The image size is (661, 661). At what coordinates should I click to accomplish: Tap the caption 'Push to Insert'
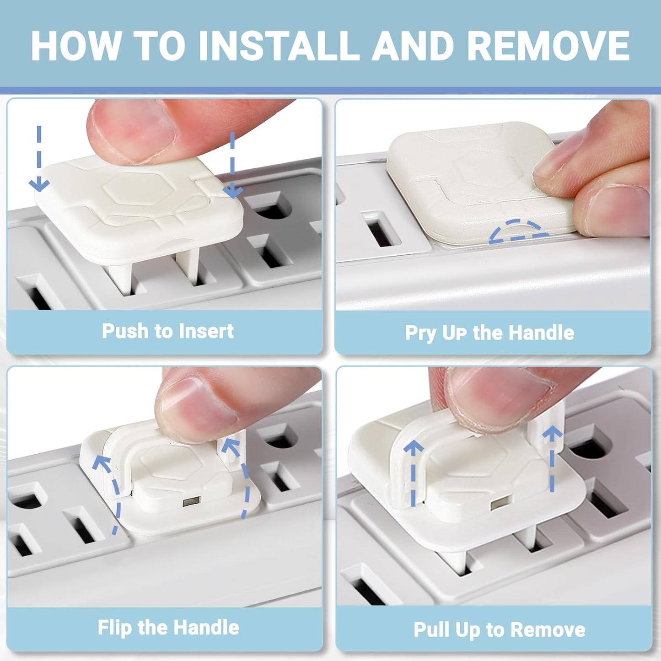click(x=167, y=331)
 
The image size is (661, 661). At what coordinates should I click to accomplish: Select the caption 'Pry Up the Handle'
click(x=489, y=333)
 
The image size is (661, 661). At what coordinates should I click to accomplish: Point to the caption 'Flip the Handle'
click(x=168, y=627)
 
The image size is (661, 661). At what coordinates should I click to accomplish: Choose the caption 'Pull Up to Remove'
click(x=500, y=629)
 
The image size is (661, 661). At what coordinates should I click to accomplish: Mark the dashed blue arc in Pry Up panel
click(x=519, y=231)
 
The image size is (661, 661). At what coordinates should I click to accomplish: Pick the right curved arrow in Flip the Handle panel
click(x=240, y=476)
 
